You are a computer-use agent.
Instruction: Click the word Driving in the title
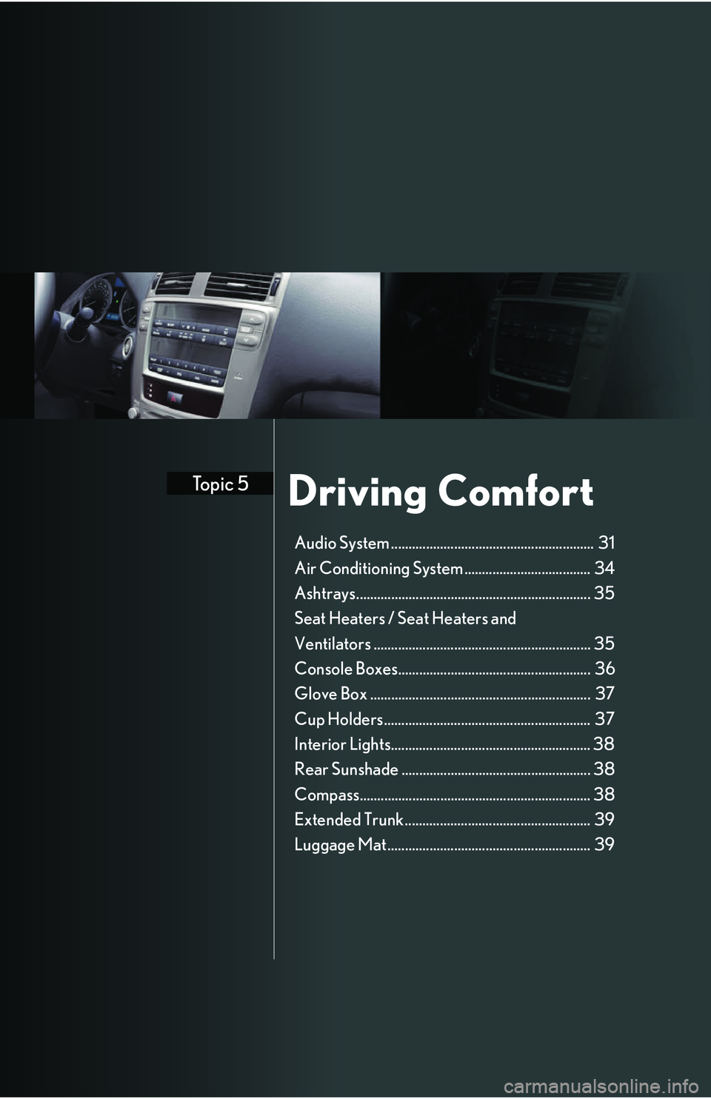(356, 492)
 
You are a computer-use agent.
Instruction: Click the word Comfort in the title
(515, 491)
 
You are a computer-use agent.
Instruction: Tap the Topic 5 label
(220, 484)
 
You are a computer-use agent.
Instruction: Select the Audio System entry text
(341, 543)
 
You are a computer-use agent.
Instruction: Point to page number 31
(607, 543)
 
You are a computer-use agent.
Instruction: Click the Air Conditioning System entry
(378, 568)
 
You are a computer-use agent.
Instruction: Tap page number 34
(604, 568)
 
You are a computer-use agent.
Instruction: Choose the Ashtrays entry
(325, 593)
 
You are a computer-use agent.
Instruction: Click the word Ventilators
(333, 644)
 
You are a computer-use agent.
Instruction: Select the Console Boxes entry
(346, 669)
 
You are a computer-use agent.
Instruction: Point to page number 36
(605, 669)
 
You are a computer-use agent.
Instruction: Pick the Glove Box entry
(330, 694)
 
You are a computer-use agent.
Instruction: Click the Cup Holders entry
(338, 719)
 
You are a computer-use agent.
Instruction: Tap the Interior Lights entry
(342, 744)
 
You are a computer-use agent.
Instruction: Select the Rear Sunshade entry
(346, 769)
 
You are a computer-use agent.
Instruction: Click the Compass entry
(327, 795)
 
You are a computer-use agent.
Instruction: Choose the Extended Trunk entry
(349, 820)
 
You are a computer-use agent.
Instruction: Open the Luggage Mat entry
(340, 845)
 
